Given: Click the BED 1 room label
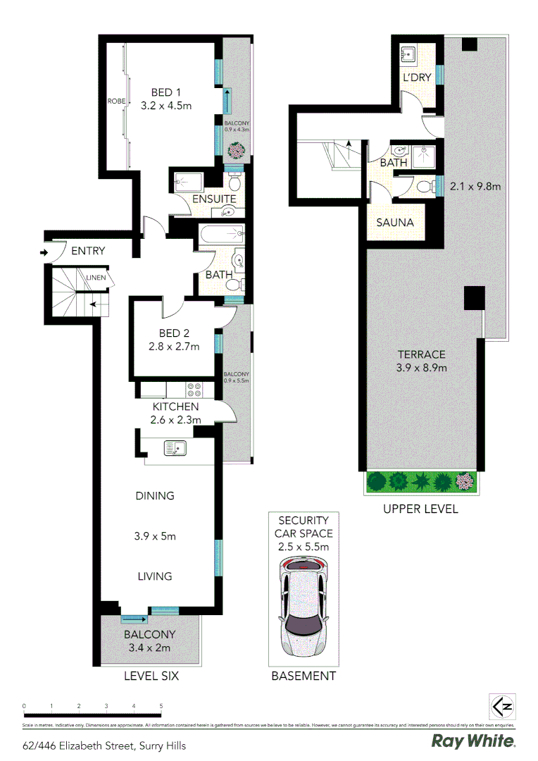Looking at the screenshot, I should (166, 92).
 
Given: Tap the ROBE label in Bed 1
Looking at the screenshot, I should (116, 101).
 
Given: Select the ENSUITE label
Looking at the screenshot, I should (214, 199).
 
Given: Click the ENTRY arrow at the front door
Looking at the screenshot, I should (44, 252).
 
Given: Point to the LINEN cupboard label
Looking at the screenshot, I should (96, 278).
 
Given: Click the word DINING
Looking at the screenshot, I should (155, 496).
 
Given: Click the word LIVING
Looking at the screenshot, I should (155, 576).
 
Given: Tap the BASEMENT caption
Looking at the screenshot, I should (304, 676).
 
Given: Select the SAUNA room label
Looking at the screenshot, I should (394, 223).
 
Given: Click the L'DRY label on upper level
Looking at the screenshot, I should (416, 78).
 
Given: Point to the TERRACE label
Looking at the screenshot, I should (422, 354).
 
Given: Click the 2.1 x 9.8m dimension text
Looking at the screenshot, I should (475, 187).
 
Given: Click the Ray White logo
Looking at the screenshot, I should (473, 741).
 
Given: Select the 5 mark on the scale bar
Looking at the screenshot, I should (161, 705).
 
